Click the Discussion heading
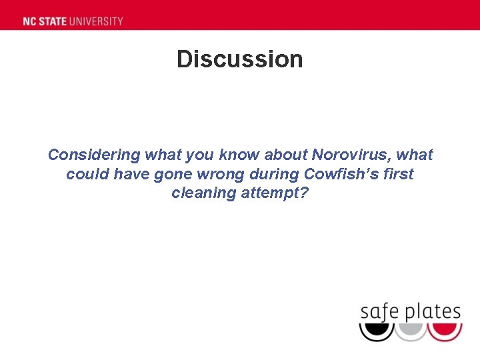239,59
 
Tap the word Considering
94,155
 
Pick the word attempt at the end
280,193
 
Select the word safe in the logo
378,311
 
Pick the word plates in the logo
431,311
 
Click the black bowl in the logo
377,331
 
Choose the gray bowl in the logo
411,331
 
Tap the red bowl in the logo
445,331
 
